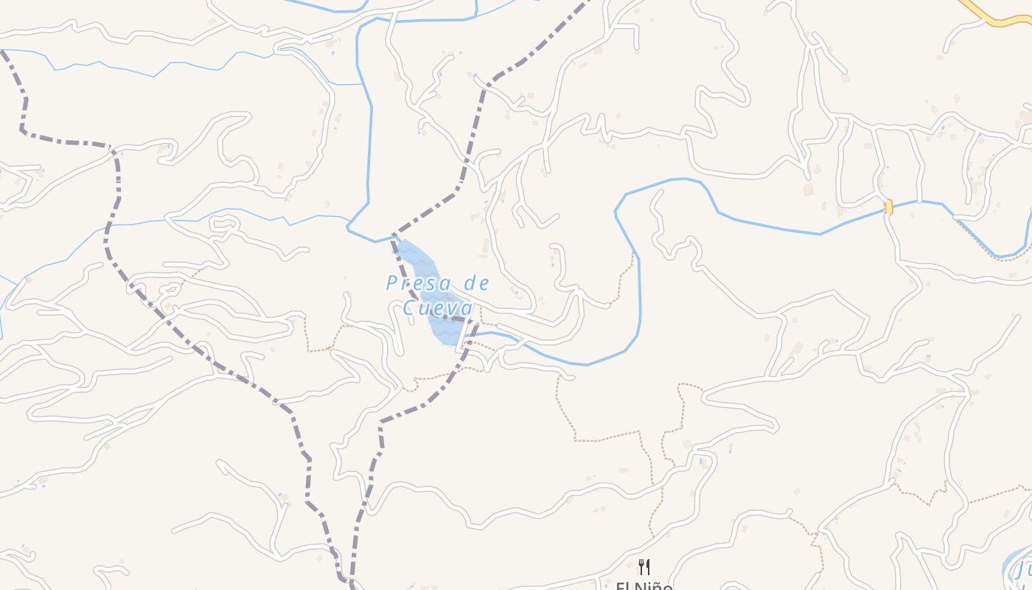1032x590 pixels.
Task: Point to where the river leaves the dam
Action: click(x=472, y=336)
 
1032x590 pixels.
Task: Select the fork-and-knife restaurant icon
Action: click(x=644, y=566)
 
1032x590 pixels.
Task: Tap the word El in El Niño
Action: click(x=624, y=586)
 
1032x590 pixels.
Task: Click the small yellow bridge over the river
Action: click(x=889, y=207)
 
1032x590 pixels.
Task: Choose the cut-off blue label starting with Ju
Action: click(x=1022, y=571)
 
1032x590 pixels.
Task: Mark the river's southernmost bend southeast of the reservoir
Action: click(x=588, y=364)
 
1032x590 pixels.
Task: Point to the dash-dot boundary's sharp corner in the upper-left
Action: click(x=23, y=131)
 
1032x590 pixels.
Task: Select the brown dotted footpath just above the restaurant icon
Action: click(x=652, y=516)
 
